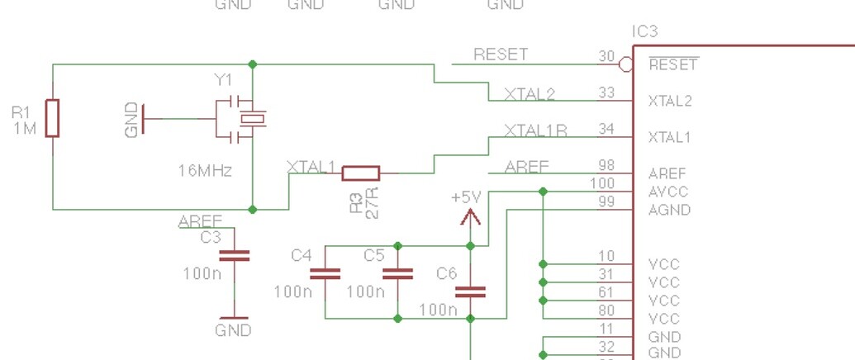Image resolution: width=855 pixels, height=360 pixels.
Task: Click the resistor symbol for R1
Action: click(53, 117)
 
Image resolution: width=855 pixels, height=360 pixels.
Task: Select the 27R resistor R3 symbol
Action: click(361, 173)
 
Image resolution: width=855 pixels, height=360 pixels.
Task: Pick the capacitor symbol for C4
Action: click(325, 274)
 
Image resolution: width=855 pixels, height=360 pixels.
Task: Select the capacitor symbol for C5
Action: click(397, 274)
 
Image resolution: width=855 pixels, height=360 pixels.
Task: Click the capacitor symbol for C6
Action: click(471, 291)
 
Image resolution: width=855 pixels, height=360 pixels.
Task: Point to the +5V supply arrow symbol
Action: click(470, 217)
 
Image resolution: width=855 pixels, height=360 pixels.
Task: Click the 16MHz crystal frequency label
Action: click(205, 171)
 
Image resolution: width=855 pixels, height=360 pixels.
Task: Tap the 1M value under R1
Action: click(25, 129)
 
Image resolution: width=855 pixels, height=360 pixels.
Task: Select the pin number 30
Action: click(606, 56)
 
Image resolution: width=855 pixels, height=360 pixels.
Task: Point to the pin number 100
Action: click(603, 183)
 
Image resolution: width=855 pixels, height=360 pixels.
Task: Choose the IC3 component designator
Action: click(644, 32)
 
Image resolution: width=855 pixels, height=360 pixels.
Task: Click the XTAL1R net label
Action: click(535, 130)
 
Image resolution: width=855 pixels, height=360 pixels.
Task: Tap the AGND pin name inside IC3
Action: click(668, 210)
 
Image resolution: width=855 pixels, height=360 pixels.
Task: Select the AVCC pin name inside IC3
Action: click(668, 192)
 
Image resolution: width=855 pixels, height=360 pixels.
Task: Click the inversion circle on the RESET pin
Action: click(627, 64)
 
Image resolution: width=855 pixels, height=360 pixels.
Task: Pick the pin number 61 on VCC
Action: click(606, 301)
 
